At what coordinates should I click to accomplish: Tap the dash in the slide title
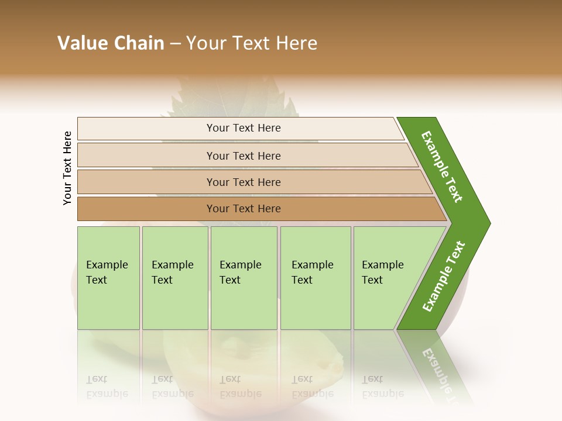(x=175, y=44)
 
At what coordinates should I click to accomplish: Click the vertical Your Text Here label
(x=67, y=168)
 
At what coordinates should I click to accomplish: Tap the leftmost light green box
(x=108, y=278)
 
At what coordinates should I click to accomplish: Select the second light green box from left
(x=175, y=278)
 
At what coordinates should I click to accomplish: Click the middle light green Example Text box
(x=244, y=278)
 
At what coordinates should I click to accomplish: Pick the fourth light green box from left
(x=316, y=278)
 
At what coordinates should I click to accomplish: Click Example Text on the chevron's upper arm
(x=442, y=167)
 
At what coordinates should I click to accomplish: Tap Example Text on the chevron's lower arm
(x=443, y=277)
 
